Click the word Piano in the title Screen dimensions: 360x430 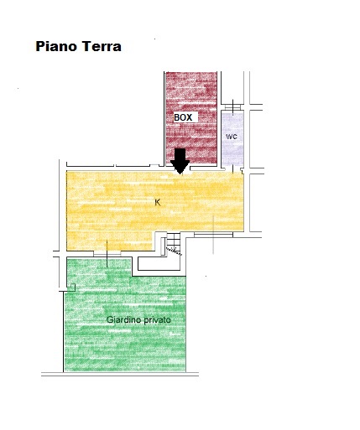[56, 46]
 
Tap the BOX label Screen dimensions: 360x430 [183, 117]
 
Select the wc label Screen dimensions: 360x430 [232, 137]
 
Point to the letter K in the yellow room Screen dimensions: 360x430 [158, 203]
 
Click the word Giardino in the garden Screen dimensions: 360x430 [124, 319]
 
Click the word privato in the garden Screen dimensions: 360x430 [158, 320]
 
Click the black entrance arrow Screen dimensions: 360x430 [180, 161]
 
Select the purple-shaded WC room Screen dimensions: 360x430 [232, 138]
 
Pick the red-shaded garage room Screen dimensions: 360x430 [191, 118]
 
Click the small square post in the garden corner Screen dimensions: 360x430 [72, 288]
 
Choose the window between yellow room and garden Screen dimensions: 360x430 [107, 253]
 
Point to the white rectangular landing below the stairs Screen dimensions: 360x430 [159, 263]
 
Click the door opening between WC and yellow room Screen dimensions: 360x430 [233, 168]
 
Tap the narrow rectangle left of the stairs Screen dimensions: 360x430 [163, 246]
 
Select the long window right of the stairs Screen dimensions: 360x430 [213, 235]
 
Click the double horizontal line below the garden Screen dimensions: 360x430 [120, 374]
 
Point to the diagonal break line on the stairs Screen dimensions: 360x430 [174, 251]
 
